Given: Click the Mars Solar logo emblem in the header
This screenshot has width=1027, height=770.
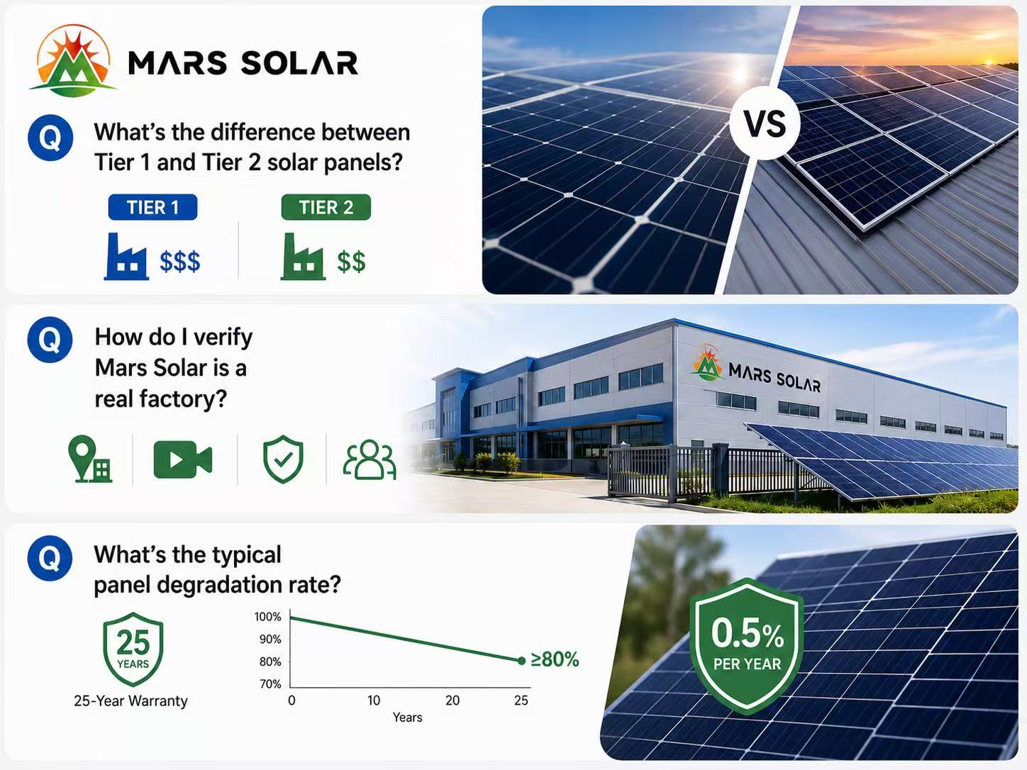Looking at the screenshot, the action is [x=73, y=61].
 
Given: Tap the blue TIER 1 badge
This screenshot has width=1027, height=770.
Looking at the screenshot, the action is [x=152, y=207].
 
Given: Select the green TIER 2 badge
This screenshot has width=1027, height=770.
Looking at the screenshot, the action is [x=326, y=207].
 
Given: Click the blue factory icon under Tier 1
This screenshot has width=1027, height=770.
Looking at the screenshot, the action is [x=126, y=257].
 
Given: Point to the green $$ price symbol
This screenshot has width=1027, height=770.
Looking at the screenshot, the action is [x=351, y=262].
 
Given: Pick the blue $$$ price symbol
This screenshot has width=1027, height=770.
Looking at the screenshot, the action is [x=179, y=262].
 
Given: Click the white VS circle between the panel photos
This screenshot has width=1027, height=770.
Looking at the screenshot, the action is [x=765, y=123].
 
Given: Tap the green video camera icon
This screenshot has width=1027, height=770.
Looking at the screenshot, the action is [x=183, y=459].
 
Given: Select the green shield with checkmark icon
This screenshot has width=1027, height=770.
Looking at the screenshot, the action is [x=283, y=459].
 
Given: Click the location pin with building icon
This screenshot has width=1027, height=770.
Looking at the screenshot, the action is [x=90, y=459].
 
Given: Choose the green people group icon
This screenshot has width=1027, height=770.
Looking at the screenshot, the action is [x=370, y=459].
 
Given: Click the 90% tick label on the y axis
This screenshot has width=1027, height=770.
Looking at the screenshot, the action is [x=270, y=639].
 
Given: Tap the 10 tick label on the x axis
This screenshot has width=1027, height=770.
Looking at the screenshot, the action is [x=373, y=701].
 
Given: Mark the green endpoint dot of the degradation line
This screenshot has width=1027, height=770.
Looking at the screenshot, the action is [x=521, y=661].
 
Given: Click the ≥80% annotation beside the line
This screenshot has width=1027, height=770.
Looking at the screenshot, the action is [x=555, y=659].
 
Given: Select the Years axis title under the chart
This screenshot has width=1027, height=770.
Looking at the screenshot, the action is [x=407, y=718].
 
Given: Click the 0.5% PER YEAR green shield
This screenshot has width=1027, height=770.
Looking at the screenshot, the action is [x=748, y=646].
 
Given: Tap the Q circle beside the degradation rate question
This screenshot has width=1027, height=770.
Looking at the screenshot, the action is [x=50, y=558].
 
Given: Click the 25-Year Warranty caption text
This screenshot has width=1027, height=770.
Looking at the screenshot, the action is [x=131, y=701].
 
